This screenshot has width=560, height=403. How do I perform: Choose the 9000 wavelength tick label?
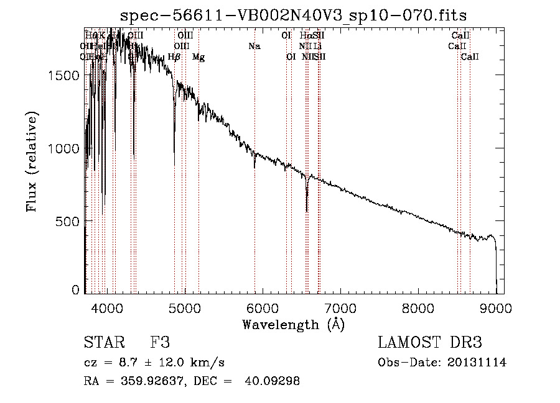tap(496, 307)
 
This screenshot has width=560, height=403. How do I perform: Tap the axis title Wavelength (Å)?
tap(294, 324)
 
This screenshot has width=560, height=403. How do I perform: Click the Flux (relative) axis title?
tap(32, 161)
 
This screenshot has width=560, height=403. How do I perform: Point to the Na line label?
tap(254, 46)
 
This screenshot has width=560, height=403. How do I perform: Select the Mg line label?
tap(198, 57)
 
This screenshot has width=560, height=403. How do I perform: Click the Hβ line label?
tap(174, 57)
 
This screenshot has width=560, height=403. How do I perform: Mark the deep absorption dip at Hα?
tap(307, 208)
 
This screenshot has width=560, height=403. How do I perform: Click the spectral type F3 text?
tap(161, 343)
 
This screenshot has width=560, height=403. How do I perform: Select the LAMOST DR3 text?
tap(429, 343)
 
